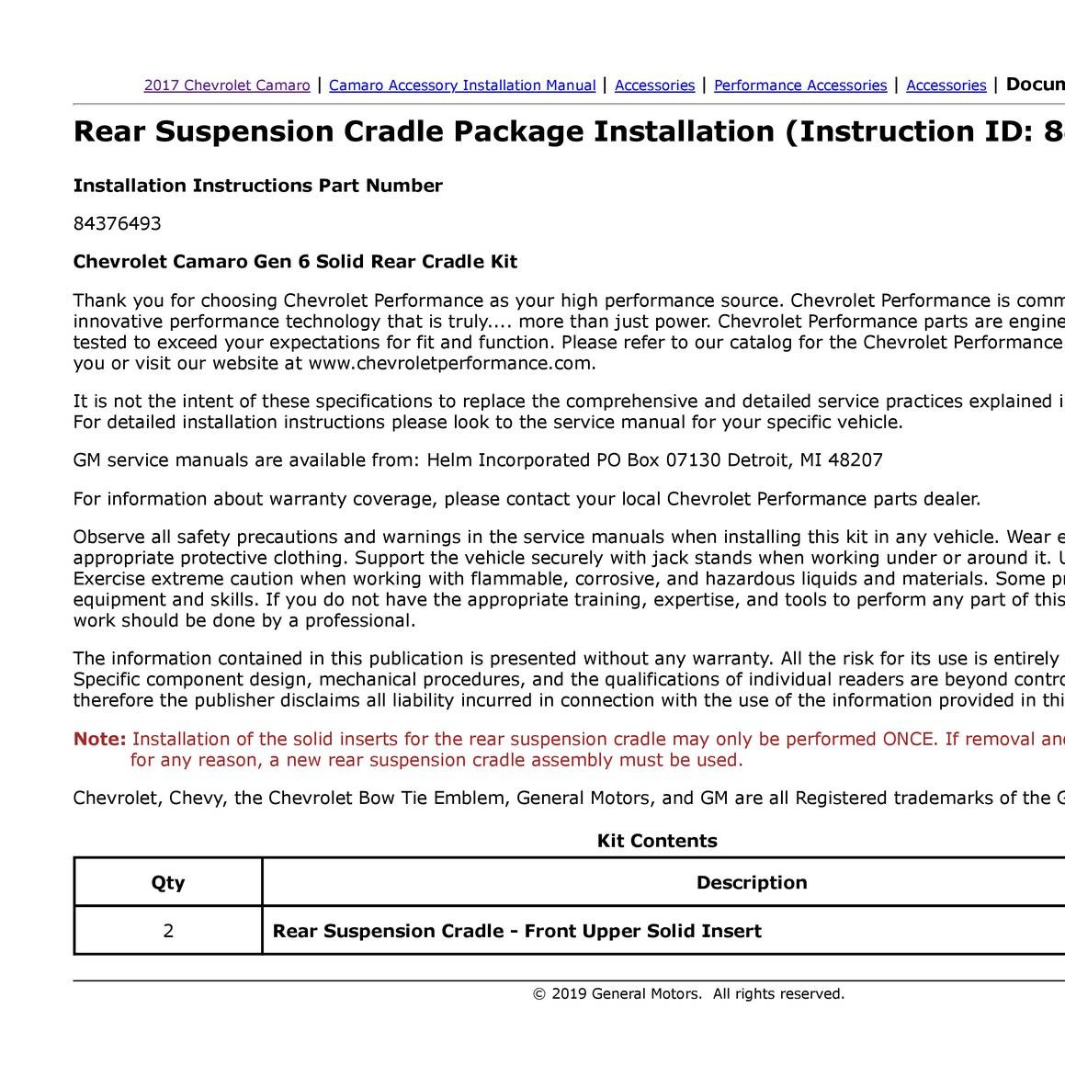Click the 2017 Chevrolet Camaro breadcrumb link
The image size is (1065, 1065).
227,85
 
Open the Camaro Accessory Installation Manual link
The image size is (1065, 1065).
462,85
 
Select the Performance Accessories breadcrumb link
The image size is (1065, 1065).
800,85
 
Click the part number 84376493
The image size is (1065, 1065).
117,223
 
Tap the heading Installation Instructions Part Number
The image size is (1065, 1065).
257,186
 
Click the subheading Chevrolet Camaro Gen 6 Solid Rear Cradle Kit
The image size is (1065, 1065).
295,262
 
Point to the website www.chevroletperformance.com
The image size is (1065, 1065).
451,363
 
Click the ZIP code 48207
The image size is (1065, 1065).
855,460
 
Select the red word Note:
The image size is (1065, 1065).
99,740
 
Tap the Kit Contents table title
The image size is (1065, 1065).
657,841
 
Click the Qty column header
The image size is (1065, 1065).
168,883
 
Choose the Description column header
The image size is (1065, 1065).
752,883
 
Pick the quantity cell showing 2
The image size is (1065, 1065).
168,931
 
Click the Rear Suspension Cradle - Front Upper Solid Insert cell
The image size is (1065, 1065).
517,931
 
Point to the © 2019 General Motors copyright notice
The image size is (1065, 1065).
688,993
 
